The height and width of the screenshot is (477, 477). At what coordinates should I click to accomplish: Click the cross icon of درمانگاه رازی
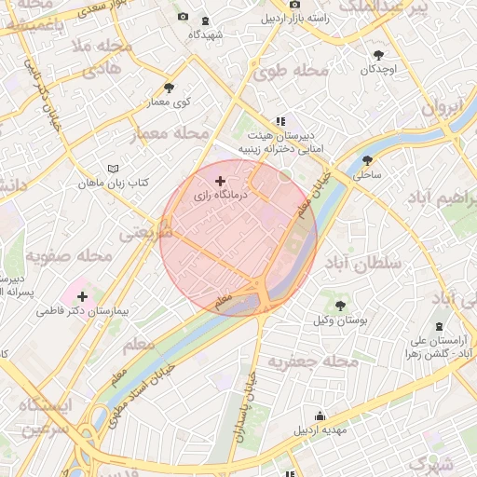tap(220, 181)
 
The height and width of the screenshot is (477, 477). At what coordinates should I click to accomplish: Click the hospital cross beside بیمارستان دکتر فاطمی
tap(82, 295)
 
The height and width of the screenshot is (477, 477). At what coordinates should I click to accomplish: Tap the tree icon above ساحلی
tap(368, 159)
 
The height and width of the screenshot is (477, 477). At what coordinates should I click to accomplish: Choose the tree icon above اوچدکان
tap(378, 55)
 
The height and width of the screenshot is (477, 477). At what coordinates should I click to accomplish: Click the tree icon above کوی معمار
tap(169, 87)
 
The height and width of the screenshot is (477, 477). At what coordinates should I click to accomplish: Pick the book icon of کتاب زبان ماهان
tap(114, 169)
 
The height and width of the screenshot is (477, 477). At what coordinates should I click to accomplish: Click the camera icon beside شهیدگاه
tap(182, 18)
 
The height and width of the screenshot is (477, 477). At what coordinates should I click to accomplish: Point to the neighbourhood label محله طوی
tap(291, 71)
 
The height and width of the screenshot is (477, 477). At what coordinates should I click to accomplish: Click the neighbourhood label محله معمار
tap(169, 133)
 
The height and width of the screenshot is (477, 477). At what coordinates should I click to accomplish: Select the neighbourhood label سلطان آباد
tap(361, 264)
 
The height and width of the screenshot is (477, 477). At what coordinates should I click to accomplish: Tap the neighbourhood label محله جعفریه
tap(313, 361)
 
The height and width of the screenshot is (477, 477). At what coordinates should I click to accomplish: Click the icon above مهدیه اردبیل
tap(320, 416)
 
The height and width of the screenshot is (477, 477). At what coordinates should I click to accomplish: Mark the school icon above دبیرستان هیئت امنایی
tap(279, 120)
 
